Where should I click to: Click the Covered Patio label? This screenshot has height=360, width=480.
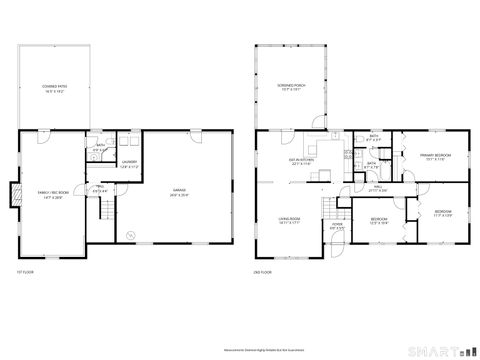pos(54,89)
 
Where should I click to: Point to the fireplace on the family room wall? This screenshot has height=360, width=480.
pos(14,195)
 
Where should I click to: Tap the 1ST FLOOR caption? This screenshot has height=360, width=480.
pos(26,272)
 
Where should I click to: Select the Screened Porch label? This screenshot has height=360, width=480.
pos(291,88)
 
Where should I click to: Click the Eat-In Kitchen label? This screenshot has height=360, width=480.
pos(303,162)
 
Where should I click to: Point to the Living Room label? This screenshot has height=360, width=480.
pos(290,220)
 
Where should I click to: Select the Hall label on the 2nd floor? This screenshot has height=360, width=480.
pos(379,186)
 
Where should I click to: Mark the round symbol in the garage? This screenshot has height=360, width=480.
pos(129,235)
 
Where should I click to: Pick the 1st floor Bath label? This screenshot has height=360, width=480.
pos(100,149)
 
